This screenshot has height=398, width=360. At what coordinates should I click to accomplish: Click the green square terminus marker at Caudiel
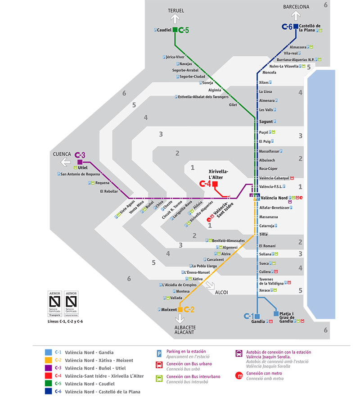(x=175, y=30)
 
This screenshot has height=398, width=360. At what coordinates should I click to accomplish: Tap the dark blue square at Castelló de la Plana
(x=296, y=27)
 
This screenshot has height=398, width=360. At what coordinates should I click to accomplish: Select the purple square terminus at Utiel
(x=80, y=162)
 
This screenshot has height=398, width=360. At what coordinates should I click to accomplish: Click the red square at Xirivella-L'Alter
(x=215, y=184)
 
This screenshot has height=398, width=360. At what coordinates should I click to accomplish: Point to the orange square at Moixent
(x=180, y=309)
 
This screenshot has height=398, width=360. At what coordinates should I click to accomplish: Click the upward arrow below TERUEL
(x=175, y=19)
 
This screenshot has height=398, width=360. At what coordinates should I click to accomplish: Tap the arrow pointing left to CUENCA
(x=66, y=162)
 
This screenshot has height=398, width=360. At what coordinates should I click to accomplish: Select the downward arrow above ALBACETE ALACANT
(x=180, y=319)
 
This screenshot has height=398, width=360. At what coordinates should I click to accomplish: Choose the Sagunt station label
(x=266, y=122)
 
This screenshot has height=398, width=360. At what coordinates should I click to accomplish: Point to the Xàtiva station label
(x=198, y=279)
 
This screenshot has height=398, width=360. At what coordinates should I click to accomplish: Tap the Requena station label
(x=102, y=183)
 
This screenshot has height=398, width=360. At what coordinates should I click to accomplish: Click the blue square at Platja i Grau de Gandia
(x=276, y=314)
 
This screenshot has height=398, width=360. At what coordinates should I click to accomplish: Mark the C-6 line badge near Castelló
(x=287, y=27)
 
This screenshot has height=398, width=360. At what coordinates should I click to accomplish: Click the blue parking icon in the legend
(x=159, y=354)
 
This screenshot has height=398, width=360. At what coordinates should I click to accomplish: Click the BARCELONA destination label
(x=296, y=7)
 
